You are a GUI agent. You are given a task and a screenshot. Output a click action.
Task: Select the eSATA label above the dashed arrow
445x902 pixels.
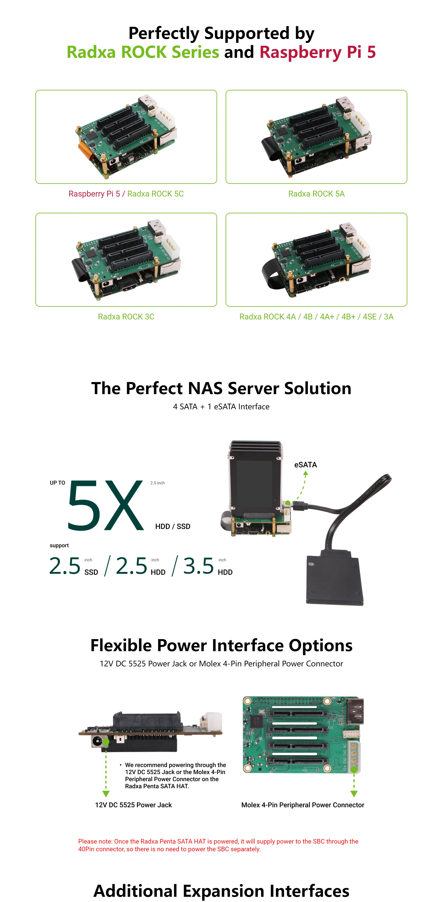click(305, 465)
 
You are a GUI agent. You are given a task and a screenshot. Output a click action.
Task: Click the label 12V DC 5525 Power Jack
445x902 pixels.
click(133, 805)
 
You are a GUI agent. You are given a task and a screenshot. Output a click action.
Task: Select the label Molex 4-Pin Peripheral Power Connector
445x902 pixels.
click(302, 805)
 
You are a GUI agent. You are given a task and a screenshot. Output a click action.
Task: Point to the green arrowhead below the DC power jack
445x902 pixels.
click(106, 793)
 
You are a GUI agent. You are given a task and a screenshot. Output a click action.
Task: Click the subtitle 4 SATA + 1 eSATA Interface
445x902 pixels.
click(221, 407)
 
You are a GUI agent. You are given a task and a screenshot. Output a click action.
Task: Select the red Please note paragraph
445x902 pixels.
click(218, 845)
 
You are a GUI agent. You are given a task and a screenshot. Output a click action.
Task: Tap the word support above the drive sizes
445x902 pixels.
click(59, 545)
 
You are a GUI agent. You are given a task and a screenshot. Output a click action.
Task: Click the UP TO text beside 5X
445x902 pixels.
click(57, 483)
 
